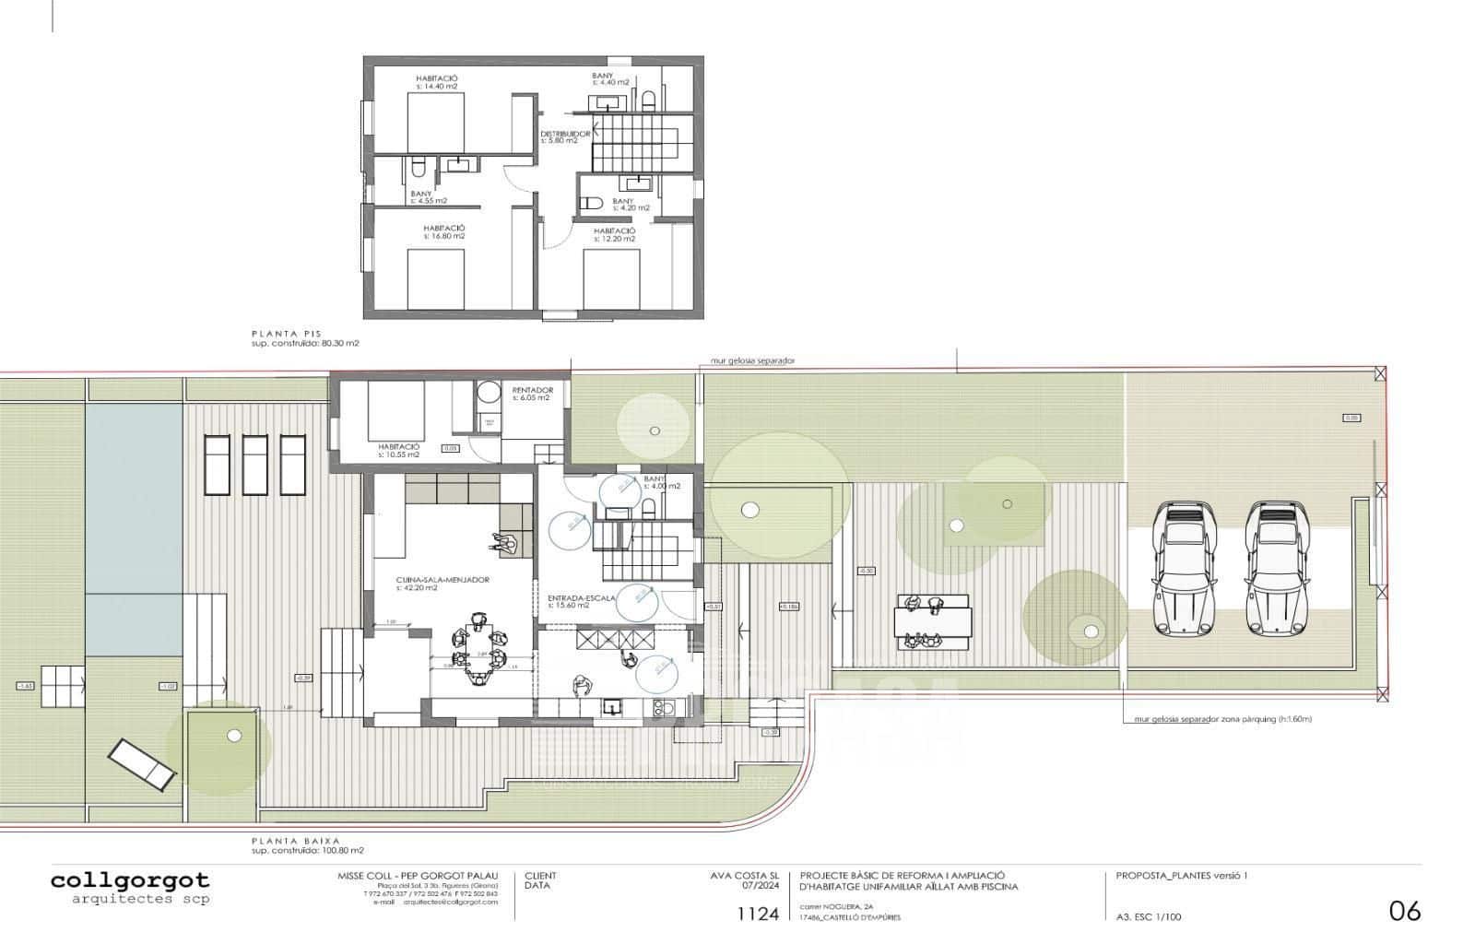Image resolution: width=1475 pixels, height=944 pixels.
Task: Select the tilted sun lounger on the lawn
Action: click(142, 763)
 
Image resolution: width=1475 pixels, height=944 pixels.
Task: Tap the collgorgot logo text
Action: click(130, 880)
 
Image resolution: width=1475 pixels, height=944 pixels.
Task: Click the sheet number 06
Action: click(1405, 911)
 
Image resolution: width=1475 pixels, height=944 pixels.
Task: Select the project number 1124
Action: click(758, 914)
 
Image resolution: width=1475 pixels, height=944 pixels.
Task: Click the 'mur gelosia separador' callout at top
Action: click(751, 360)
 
